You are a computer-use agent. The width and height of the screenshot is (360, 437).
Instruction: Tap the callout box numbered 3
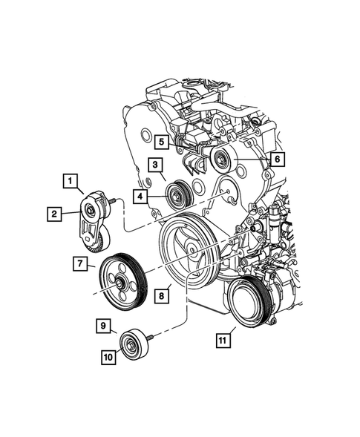click(x=154, y=165)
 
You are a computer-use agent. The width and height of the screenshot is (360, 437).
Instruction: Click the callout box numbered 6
click(x=276, y=158)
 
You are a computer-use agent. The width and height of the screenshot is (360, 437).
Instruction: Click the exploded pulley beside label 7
click(x=120, y=282)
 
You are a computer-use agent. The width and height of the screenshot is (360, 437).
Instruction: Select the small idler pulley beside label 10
click(x=134, y=344)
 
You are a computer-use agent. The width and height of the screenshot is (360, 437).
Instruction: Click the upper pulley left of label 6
click(x=221, y=159)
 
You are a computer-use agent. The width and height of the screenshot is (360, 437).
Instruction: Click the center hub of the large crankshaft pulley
click(x=189, y=252)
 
